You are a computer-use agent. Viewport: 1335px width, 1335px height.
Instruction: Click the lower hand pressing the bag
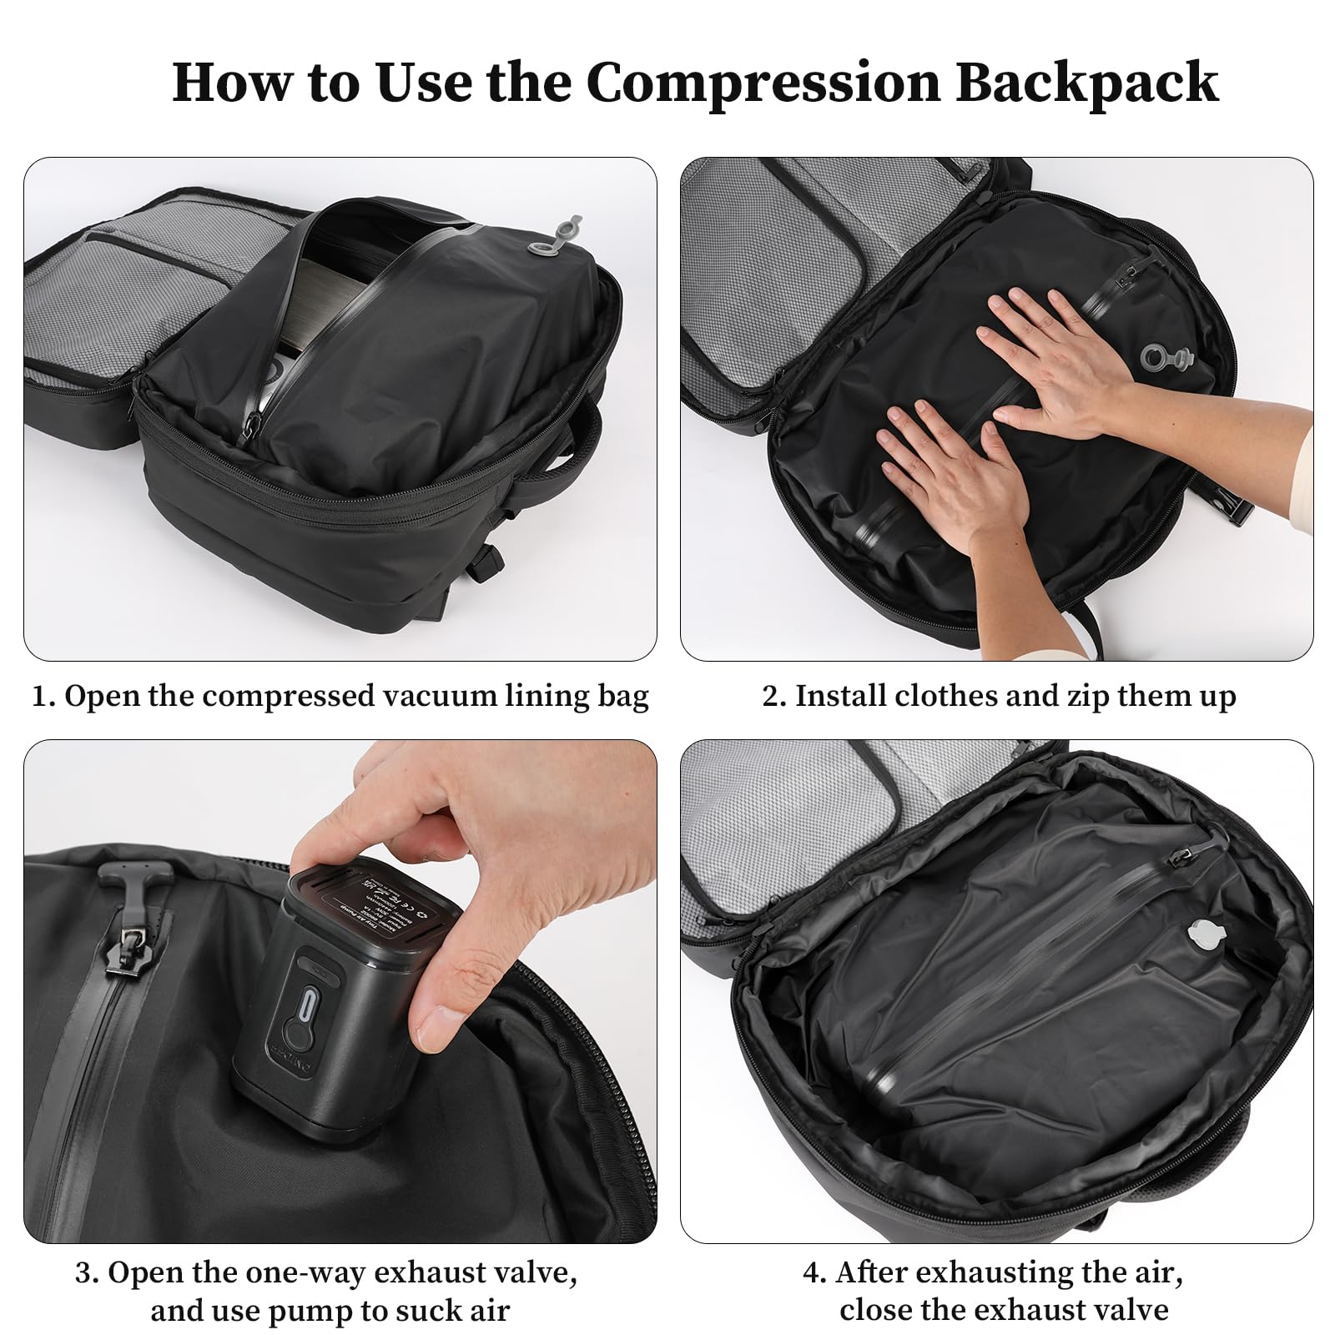pyautogui.click(x=960, y=476)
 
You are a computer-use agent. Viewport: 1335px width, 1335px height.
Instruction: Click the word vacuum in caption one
pyautogui.click(x=431, y=696)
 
